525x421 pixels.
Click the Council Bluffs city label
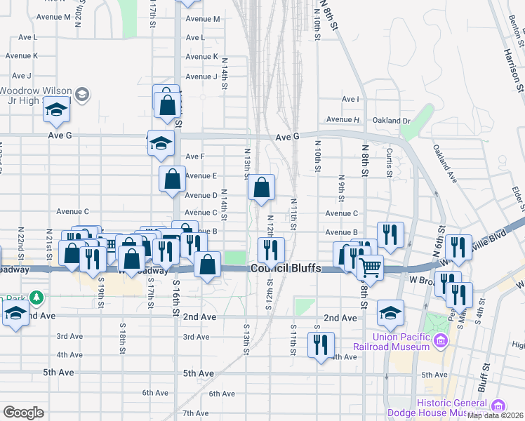pos(285,269)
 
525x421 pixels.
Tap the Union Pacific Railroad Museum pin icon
pos(440,342)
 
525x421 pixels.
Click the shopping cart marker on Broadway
pos(370,267)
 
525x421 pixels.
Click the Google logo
pos(23,413)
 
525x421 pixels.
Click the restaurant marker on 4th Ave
pos(321,345)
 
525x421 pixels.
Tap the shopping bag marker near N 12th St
pos(261,187)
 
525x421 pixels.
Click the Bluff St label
pos(482,382)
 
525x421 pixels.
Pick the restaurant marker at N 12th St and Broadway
pos(270,249)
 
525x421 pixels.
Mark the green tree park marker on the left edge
pos(35,298)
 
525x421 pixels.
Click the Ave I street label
pos(350,100)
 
